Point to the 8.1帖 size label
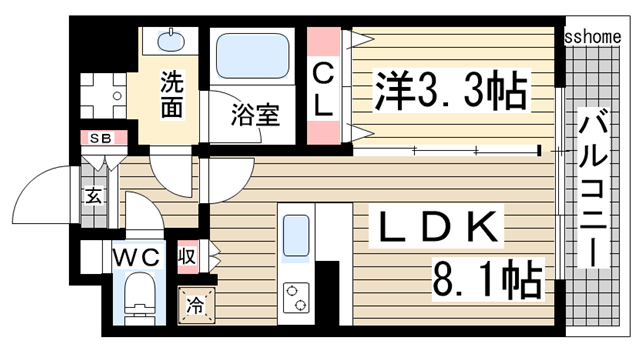coord(487,276)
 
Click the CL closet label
coord(324,89)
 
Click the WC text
coord(137,258)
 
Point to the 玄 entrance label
coord(93,196)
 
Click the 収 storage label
coord(187,256)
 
